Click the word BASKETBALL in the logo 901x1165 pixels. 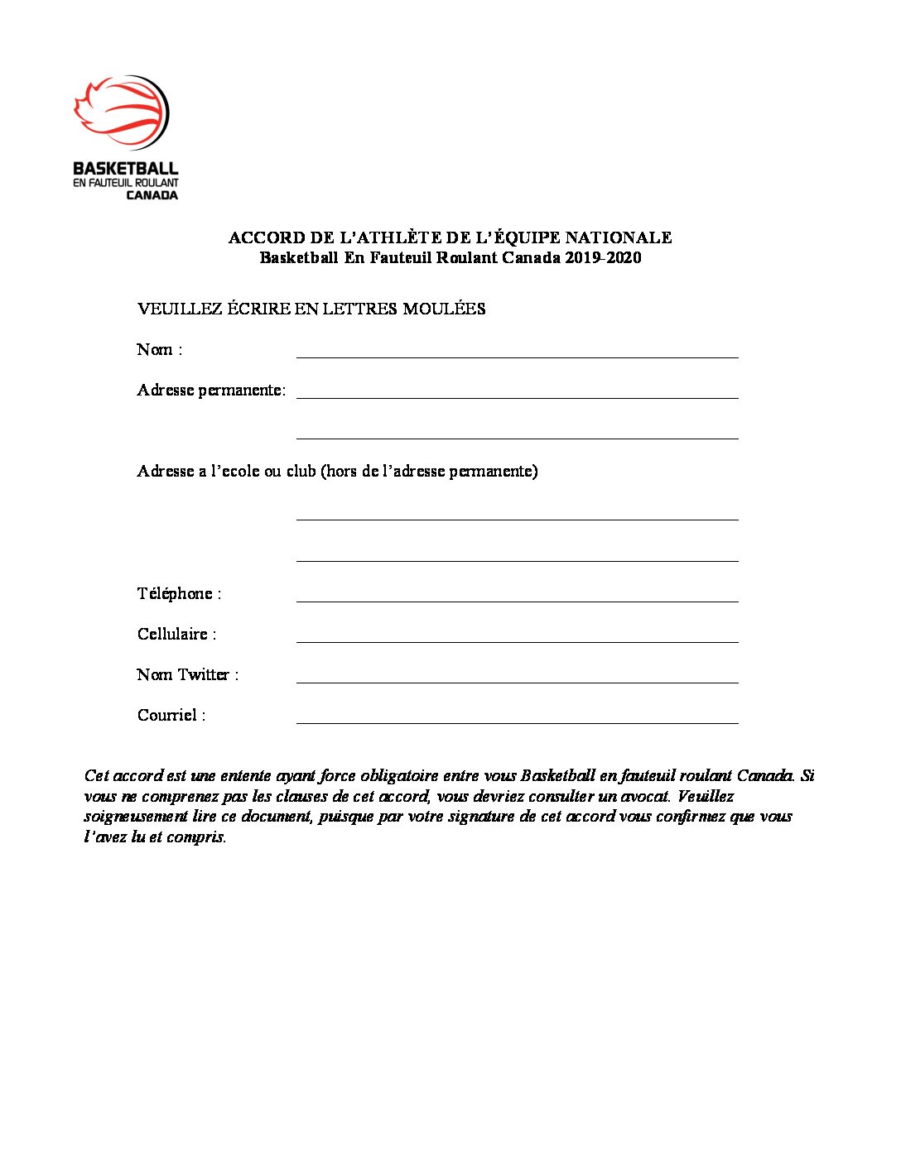pyautogui.click(x=126, y=168)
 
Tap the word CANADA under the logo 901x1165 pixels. pyautogui.click(x=152, y=195)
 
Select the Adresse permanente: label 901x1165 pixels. pyautogui.click(x=211, y=390)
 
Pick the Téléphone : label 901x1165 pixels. pyautogui.click(x=179, y=593)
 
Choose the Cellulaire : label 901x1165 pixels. pyautogui.click(x=176, y=634)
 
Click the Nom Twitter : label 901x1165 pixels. pyautogui.click(x=187, y=674)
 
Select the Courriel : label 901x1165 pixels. pyautogui.click(x=171, y=715)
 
